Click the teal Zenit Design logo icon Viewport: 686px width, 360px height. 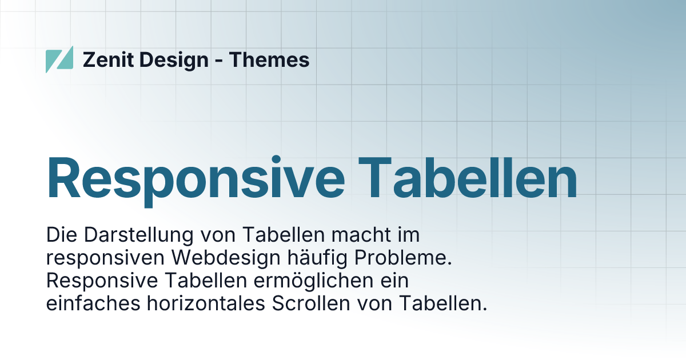pos(59,59)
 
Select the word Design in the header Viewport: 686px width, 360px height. pos(174,59)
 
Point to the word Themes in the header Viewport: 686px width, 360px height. pos(269,59)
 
